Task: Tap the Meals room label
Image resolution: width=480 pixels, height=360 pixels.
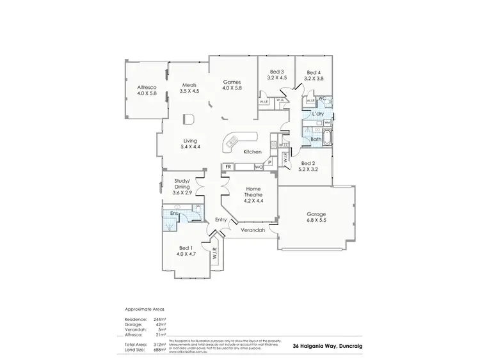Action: (189, 88)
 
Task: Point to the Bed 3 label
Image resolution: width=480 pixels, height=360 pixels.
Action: (276, 75)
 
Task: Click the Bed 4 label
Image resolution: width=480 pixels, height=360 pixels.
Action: (314, 75)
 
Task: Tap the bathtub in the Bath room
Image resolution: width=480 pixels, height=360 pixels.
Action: (327, 137)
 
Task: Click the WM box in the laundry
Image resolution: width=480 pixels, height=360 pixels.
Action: (326, 122)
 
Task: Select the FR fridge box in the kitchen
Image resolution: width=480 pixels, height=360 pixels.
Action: (228, 168)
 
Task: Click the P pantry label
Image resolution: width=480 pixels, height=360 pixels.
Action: (270, 163)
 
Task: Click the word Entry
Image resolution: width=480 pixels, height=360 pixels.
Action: (221, 220)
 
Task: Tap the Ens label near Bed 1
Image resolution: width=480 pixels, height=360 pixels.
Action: (173, 214)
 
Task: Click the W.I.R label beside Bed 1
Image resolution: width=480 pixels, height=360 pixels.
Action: (215, 254)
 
